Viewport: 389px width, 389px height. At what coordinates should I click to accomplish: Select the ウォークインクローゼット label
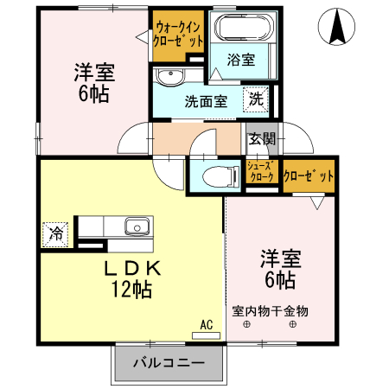pos(178,34)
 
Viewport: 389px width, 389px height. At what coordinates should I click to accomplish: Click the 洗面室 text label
pos(206,100)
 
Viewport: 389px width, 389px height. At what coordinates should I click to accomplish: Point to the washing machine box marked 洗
pos(257,99)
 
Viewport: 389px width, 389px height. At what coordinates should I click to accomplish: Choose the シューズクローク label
pos(261,171)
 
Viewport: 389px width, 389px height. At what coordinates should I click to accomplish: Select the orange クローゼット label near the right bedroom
pos(309,175)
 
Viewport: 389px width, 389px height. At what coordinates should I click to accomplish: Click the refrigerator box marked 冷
pos(55,233)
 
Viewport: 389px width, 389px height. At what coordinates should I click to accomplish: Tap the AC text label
pos(206,324)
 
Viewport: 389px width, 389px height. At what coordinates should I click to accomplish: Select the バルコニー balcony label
pos(169,362)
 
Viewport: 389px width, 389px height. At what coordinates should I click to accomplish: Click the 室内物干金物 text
pos(270,309)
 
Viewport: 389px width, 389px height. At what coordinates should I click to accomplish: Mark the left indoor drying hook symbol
pos(246,324)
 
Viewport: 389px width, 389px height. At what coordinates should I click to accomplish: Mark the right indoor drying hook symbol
pos(292,324)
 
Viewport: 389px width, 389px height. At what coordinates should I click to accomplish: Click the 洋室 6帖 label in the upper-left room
pos(92,84)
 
